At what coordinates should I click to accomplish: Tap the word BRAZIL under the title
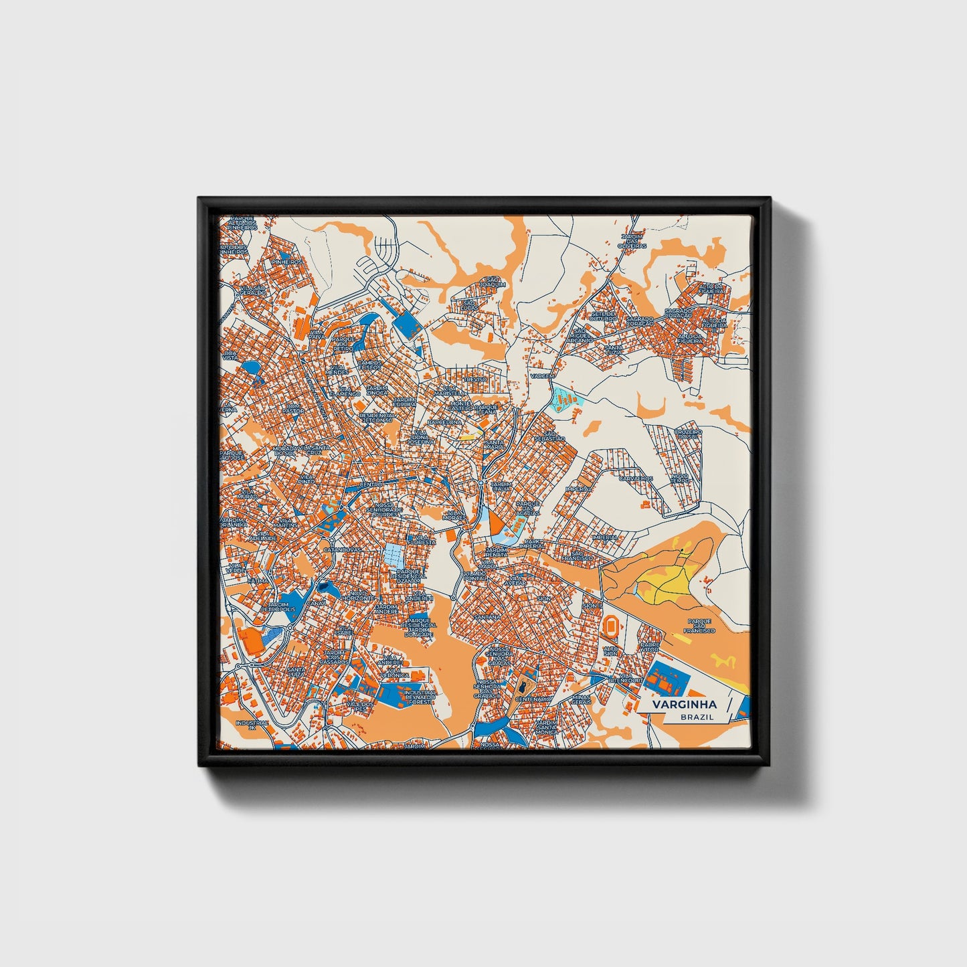(x=696, y=717)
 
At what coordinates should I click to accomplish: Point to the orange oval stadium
(x=611, y=626)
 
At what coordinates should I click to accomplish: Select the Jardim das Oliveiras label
(x=632, y=241)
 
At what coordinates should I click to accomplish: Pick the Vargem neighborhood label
(x=542, y=376)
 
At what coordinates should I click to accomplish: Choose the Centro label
(x=371, y=484)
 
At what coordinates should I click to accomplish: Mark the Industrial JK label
(x=252, y=725)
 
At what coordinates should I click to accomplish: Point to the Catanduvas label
(x=342, y=549)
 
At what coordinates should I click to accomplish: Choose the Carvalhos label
(x=635, y=478)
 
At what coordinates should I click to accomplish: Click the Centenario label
(x=533, y=699)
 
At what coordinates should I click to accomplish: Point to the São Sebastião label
(x=554, y=436)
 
